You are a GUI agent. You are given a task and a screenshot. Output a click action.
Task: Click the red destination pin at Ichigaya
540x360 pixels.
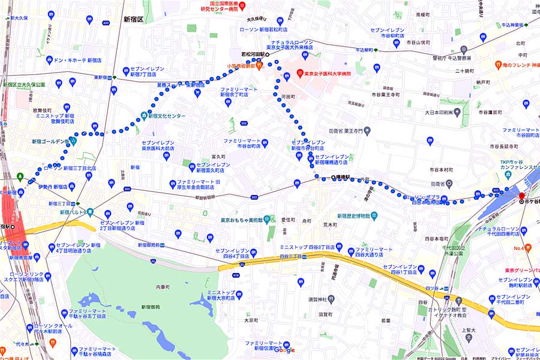[x=521, y=196]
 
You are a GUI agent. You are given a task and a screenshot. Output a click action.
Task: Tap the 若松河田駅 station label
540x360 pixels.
[x=253, y=53]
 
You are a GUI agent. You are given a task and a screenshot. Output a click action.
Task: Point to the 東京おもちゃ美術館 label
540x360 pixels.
[x=241, y=219]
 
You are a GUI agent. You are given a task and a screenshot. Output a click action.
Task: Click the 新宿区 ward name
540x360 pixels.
[x=133, y=19]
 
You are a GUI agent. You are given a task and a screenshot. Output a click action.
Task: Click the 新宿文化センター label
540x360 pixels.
[x=163, y=116]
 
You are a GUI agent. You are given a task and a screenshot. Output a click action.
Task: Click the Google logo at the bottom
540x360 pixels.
[x=285, y=350]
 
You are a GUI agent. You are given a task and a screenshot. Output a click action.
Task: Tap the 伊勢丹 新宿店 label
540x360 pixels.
[x=52, y=187]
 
